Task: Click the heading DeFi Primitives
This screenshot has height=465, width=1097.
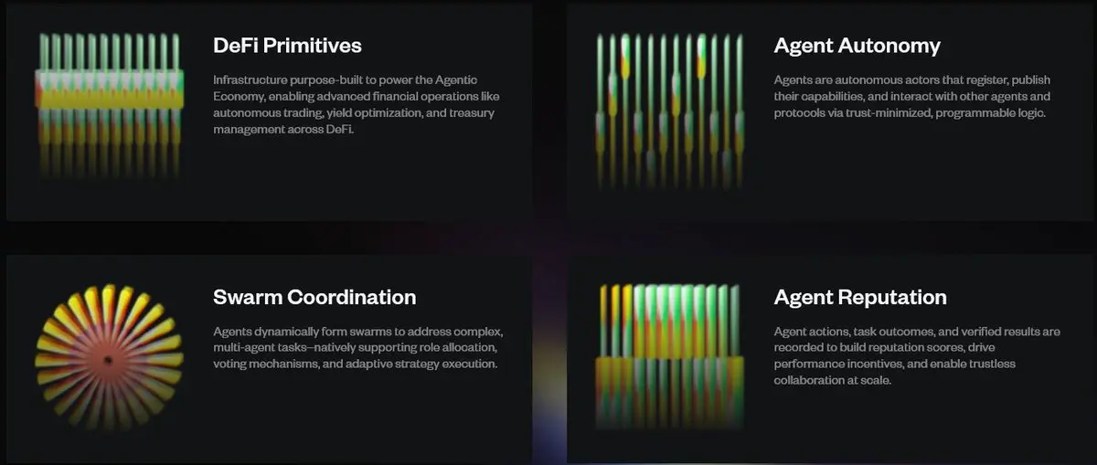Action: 287,46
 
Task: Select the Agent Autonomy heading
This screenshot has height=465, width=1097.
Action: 857,46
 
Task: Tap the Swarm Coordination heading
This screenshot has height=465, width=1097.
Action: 314,297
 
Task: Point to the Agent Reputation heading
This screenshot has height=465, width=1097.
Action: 860,298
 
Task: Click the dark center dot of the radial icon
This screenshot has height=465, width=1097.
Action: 109,361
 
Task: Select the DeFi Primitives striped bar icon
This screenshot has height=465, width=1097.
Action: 109,104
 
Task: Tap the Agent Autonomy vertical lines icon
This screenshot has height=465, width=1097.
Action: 669,111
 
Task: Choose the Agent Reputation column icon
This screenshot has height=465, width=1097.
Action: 669,356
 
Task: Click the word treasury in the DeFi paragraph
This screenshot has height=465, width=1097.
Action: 472,113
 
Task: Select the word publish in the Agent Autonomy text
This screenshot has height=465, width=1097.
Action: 1031,80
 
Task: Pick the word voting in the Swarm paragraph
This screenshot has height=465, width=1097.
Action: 229,365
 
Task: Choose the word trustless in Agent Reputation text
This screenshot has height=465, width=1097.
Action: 992,365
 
